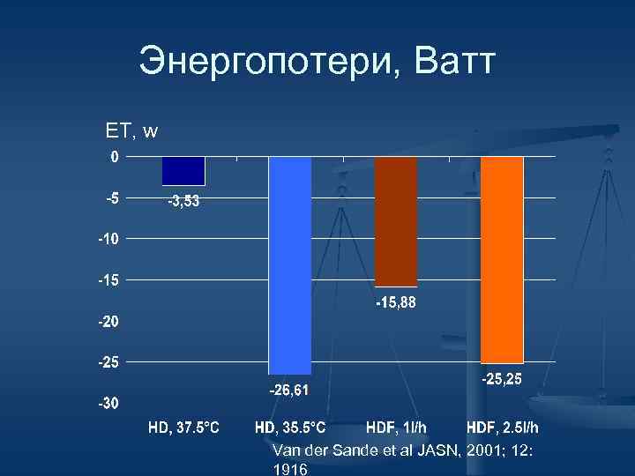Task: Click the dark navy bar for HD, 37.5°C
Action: [183, 171]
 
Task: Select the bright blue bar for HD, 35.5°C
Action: [290, 264]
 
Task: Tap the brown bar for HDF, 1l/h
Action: [396, 221]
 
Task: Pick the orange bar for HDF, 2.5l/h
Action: [502, 259]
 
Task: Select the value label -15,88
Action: [396, 302]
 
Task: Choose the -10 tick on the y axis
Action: [108, 239]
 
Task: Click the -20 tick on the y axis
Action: [108, 322]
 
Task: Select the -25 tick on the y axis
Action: [108, 362]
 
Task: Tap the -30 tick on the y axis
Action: [108, 404]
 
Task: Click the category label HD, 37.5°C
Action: [183, 428]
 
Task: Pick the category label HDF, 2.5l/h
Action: [503, 428]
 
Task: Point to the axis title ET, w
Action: [131, 131]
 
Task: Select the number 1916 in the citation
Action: [290, 469]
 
